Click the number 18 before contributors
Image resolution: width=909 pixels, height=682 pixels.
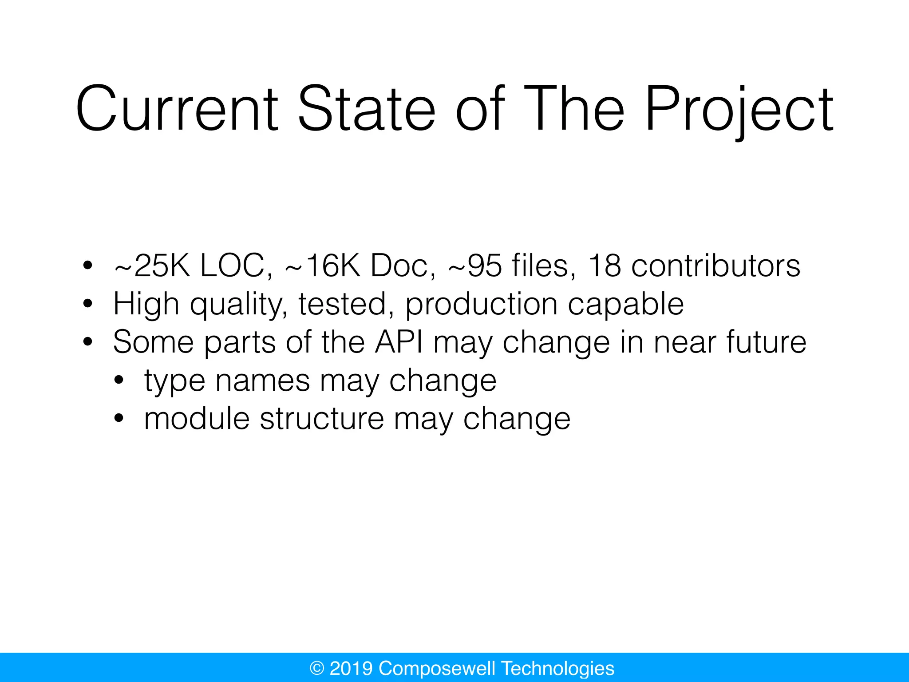click(x=604, y=266)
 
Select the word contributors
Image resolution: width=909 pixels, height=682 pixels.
click(x=715, y=266)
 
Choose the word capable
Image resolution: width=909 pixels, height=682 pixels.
click(x=625, y=305)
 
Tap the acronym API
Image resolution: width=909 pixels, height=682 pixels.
click(x=399, y=342)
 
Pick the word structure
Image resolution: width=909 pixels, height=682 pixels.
click(x=322, y=419)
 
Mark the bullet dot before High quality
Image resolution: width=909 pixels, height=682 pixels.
click(x=88, y=304)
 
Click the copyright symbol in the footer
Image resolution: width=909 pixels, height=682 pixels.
click(x=317, y=668)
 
